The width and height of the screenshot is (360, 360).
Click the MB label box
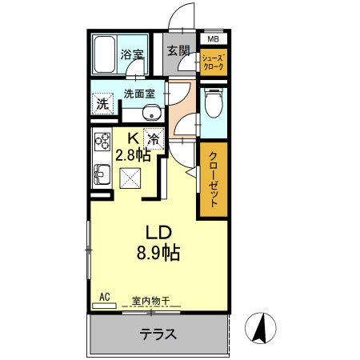[213, 38]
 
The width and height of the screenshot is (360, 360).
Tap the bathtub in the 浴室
[104, 54]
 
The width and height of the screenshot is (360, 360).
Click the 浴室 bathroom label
[133, 55]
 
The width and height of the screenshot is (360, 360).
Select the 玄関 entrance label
[178, 50]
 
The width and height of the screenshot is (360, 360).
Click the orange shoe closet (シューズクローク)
[213, 62]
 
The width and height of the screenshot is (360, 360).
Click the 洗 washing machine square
[102, 102]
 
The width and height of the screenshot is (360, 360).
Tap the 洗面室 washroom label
[144, 94]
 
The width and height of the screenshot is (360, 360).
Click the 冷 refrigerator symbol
[153, 138]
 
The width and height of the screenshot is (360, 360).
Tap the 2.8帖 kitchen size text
[134, 155]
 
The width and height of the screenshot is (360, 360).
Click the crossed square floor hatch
[130, 181]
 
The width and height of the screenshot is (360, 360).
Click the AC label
[104, 297]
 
